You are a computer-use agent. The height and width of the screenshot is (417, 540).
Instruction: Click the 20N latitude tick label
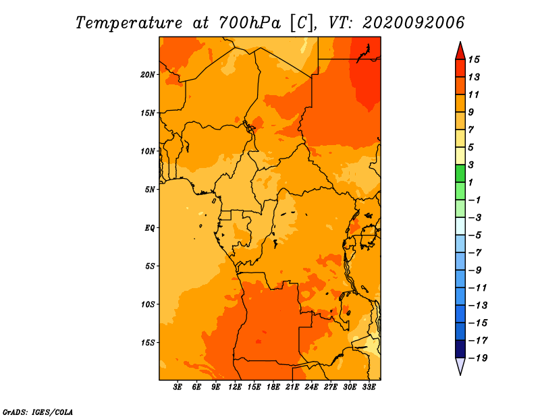(x=147, y=75)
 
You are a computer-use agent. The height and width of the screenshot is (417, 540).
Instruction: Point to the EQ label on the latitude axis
(x=149, y=228)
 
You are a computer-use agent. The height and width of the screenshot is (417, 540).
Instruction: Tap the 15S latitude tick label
(x=148, y=343)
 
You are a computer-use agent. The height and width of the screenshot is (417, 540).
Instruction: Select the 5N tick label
(x=150, y=190)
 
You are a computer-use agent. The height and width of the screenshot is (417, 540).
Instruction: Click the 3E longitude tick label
(x=178, y=387)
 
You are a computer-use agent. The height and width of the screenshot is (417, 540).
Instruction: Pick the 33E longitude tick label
(x=369, y=387)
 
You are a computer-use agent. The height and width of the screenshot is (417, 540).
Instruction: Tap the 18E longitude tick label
(x=273, y=387)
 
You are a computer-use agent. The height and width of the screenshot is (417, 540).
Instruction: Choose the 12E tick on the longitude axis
(x=235, y=387)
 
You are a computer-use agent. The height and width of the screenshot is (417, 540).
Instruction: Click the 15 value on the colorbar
(x=474, y=59)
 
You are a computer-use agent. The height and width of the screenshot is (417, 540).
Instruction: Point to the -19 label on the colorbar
(x=478, y=358)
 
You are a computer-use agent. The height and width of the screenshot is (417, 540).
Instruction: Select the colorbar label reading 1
(x=470, y=182)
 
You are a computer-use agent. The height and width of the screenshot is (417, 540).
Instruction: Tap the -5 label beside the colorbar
(x=476, y=235)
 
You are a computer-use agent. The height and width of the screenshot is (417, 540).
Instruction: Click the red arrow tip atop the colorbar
(x=460, y=43)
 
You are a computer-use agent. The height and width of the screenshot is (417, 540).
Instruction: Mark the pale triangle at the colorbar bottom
(x=460, y=366)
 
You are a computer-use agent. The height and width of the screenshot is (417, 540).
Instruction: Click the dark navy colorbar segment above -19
(x=460, y=349)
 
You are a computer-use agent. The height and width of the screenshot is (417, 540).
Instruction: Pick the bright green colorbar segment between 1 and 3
(x=460, y=173)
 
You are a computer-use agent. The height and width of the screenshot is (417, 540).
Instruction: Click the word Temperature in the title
(x=129, y=23)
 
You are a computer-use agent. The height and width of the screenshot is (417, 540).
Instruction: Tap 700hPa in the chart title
(x=250, y=23)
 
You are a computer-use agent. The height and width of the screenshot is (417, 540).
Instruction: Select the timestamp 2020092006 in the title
(x=414, y=23)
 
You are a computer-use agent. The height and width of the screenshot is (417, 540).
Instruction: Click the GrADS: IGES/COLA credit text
(x=38, y=412)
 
